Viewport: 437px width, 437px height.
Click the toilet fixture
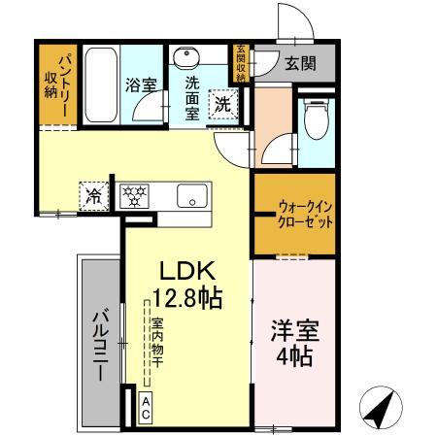pos(316,121)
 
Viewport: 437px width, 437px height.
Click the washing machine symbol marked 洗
pos(223,102)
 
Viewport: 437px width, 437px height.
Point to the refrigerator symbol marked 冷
pos(95,194)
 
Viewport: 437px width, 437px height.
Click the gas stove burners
pos(133,194)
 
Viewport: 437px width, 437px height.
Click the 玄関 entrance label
pos(299,64)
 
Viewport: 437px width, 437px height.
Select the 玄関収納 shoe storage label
pos(241,63)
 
